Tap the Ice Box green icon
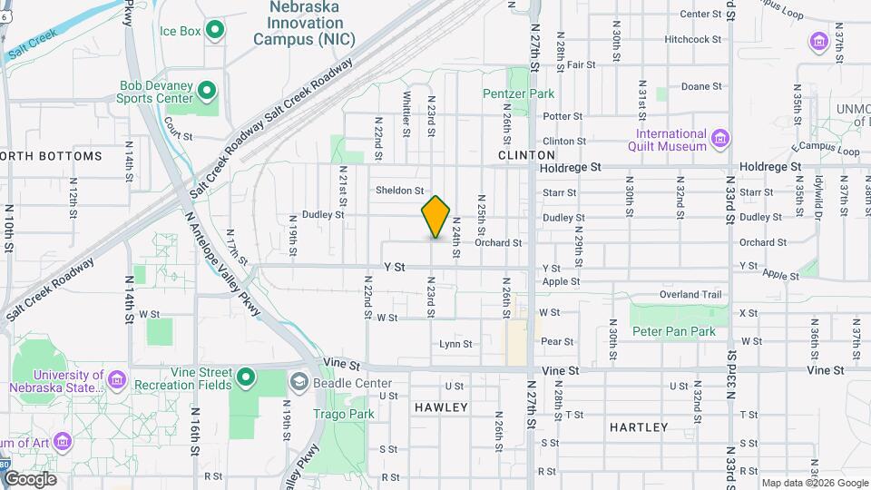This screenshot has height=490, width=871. point(215,32)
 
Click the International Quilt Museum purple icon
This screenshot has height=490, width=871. point(721,138)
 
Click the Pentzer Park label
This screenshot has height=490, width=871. point(518,93)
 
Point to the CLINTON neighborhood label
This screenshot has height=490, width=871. point(520,156)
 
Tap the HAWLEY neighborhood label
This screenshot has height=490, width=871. point(441,407)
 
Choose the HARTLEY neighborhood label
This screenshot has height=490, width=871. point(639,426)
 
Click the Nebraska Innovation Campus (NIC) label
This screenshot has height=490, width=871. point(304,23)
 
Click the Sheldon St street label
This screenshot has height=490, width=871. point(400,191)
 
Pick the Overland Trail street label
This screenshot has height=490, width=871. point(690,295)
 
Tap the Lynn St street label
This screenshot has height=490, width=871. point(455,344)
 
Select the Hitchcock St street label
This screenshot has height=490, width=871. point(692,40)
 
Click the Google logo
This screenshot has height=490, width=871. point(30,479)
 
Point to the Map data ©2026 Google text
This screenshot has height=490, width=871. point(815,483)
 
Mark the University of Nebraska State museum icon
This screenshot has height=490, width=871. point(117,378)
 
